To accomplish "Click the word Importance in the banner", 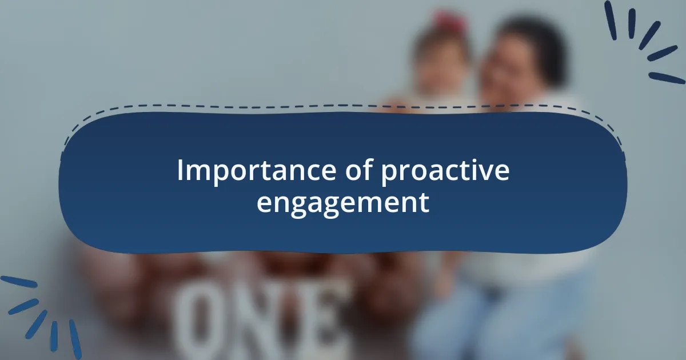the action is click(257, 171).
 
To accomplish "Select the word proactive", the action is click(445, 171).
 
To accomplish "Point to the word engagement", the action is click(343, 203).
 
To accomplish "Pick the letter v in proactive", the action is click(482, 173).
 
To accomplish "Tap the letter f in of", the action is click(368, 169).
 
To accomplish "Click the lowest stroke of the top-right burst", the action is click(667, 78).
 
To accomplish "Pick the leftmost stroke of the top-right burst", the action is click(611, 20).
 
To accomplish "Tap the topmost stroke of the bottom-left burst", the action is click(19, 282).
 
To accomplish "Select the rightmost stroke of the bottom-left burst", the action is click(75, 339).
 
